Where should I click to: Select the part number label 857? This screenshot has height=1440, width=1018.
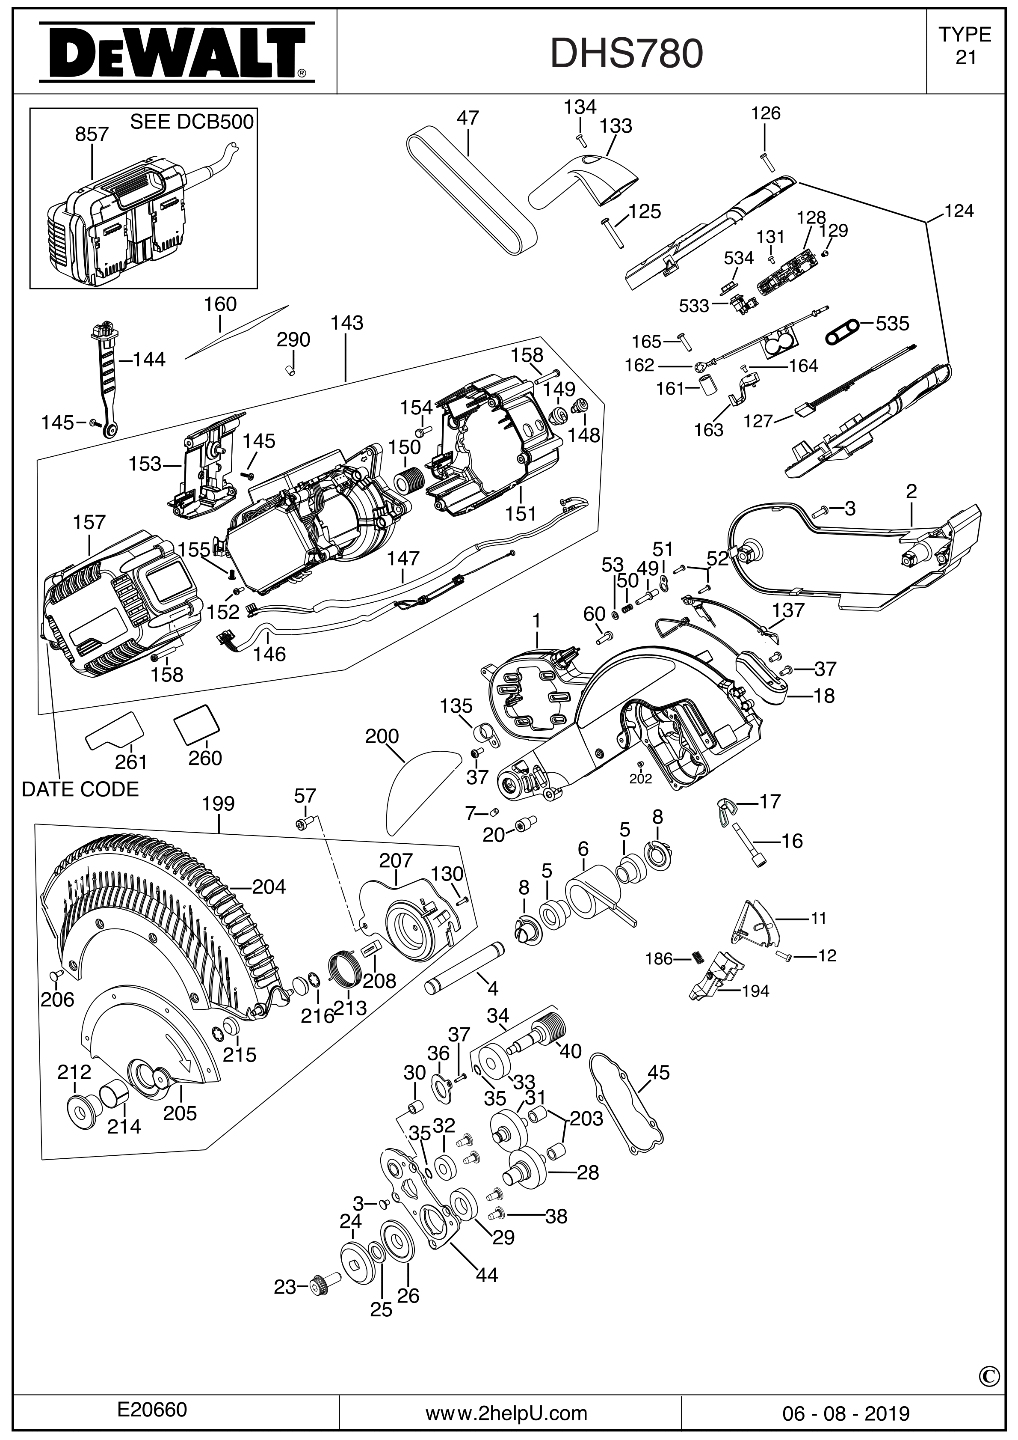coord(92,134)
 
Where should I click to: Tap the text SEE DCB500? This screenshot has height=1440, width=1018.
coord(191,122)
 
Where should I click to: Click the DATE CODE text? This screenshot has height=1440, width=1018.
coord(80,789)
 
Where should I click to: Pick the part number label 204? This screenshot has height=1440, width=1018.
coord(269,887)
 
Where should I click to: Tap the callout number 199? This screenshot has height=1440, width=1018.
coord(219,803)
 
